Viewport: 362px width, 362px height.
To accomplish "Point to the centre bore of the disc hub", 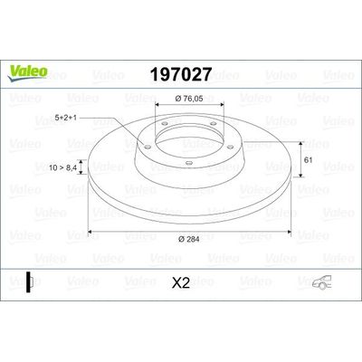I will tap(181, 140).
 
